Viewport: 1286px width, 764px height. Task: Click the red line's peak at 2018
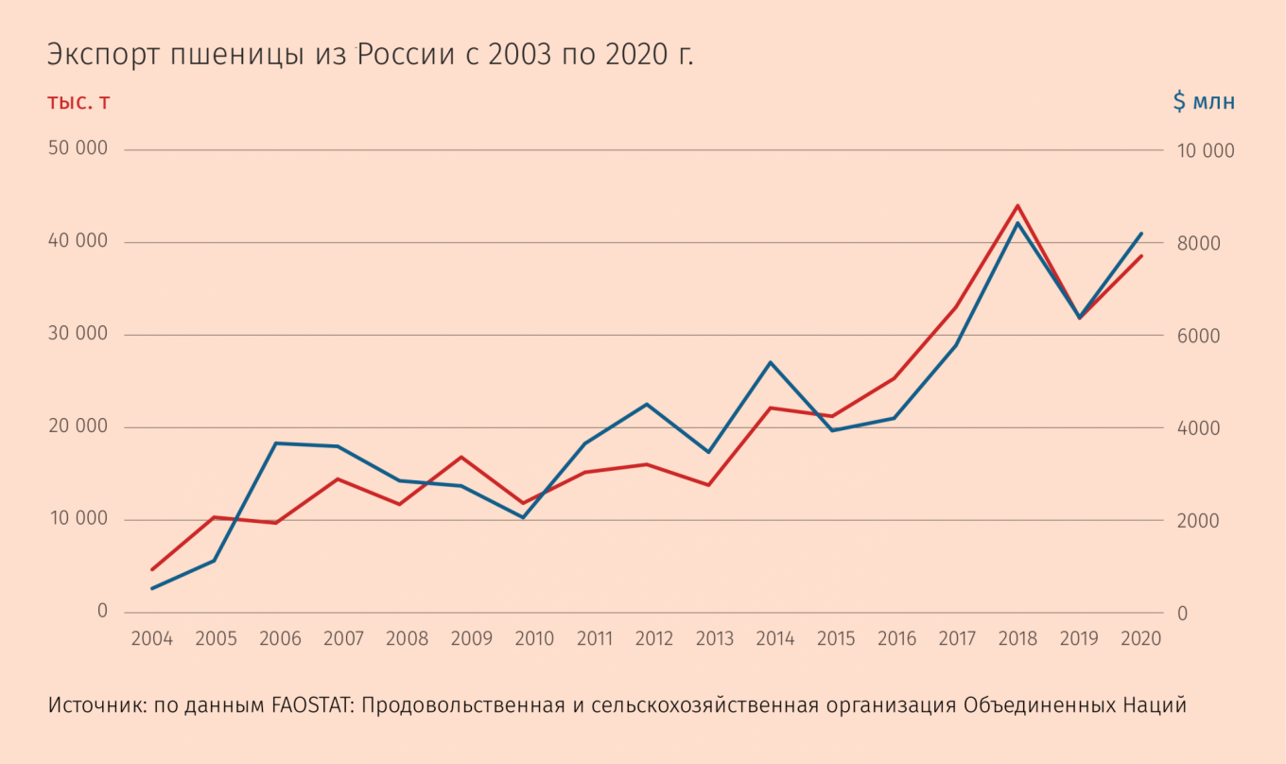(x=1017, y=205)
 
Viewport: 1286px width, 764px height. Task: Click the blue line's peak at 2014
(x=771, y=362)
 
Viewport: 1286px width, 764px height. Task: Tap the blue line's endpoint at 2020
(x=1141, y=234)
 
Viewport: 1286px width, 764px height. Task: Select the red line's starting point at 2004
(x=152, y=569)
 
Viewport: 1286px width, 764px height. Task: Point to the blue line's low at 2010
(x=523, y=517)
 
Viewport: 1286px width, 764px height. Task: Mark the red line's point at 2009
(x=461, y=457)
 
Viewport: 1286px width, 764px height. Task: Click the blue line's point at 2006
(x=275, y=443)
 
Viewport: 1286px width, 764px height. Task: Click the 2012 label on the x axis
(x=654, y=638)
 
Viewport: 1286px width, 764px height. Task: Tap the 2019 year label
(x=1079, y=638)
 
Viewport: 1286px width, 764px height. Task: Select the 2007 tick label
(x=343, y=638)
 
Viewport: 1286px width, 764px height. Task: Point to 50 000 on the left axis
(x=78, y=148)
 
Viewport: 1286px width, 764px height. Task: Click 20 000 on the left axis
(x=78, y=425)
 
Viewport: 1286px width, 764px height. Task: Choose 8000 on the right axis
(x=1199, y=243)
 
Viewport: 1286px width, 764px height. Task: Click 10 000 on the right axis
(x=1206, y=151)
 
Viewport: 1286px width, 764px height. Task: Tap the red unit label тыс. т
(x=78, y=102)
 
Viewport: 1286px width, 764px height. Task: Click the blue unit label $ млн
(x=1204, y=101)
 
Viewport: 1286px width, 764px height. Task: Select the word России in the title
(x=407, y=55)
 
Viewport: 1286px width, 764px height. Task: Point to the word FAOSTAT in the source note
(x=311, y=704)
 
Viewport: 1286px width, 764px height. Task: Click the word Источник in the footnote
(x=97, y=704)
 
